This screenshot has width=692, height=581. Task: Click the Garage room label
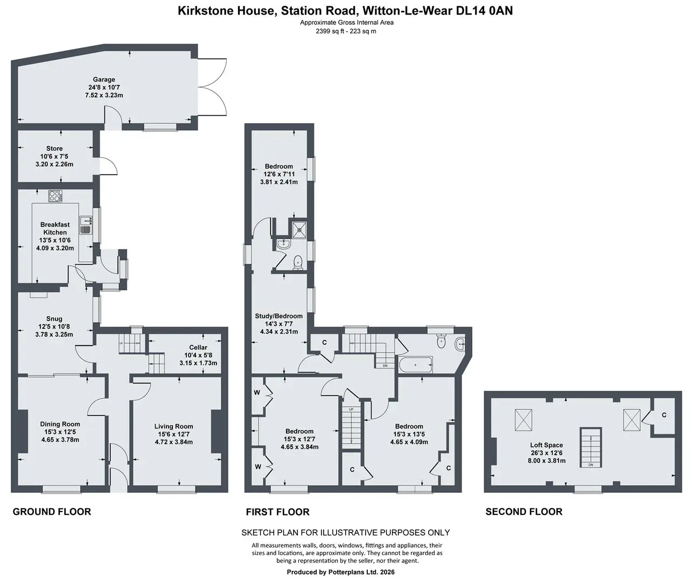click(104, 80)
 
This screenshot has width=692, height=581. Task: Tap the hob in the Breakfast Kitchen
click(55, 196)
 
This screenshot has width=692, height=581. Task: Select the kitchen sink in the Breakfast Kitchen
click(86, 225)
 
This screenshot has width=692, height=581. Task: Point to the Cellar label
click(198, 348)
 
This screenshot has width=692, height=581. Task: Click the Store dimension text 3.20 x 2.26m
click(54, 164)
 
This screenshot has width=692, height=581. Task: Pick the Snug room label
click(54, 319)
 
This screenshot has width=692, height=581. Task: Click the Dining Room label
click(60, 424)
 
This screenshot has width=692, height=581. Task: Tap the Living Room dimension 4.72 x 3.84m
click(173, 442)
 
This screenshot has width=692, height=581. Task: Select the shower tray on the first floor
click(299, 230)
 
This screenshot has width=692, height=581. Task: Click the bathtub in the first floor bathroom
click(416, 365)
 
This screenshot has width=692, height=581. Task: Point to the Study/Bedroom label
click(279, 316)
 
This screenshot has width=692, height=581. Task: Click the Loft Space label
click(547, 445)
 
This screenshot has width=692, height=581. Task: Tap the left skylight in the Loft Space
click(523, 420)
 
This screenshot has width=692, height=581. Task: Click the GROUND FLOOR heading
click(52, 512)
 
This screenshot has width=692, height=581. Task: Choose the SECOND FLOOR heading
click(524, 512)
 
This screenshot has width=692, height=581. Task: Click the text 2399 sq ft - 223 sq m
click(346, 31)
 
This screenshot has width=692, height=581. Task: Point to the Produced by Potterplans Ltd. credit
click(341, 572)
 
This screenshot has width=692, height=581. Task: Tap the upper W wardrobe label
click(257, 393)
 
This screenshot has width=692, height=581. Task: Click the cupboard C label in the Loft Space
click(664, 415)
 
